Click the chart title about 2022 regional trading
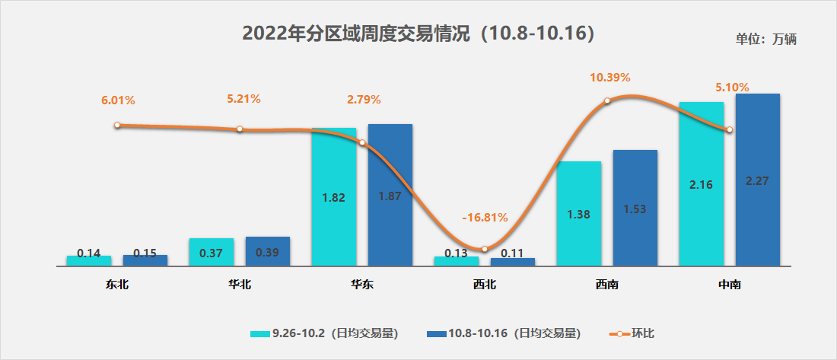pyautogui.click(x=418, y=33)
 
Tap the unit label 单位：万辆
pyautogui.click(x=765, y=40)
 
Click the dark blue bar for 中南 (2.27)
pyautogui.click(x=758, y=180)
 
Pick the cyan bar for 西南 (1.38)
pyautogui.click(x=578, y=213)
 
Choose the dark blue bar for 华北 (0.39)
pyautogui.click(x=268, y=251)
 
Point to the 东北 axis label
pyautogui.click(x=117, y=285)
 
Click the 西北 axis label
pyautogui.click(x=484, y=285)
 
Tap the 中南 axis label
pyautogui.click(x=730, y=285)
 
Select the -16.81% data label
pyautogui.click(x=485, y=218)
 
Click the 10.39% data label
pyautogui.click(x=610, y=78)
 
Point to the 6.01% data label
pyautogui.click(x=118, y=100)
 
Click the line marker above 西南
pyautogui.click(x=607, y=100)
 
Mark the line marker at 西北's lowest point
pyautogui.click(x=485, y=249)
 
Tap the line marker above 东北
pyautogui.click(x=117, y=125)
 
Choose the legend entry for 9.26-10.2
pyautogui.click(x=325, y=333)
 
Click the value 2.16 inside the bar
pyautogui.click(x=700, y=185)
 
